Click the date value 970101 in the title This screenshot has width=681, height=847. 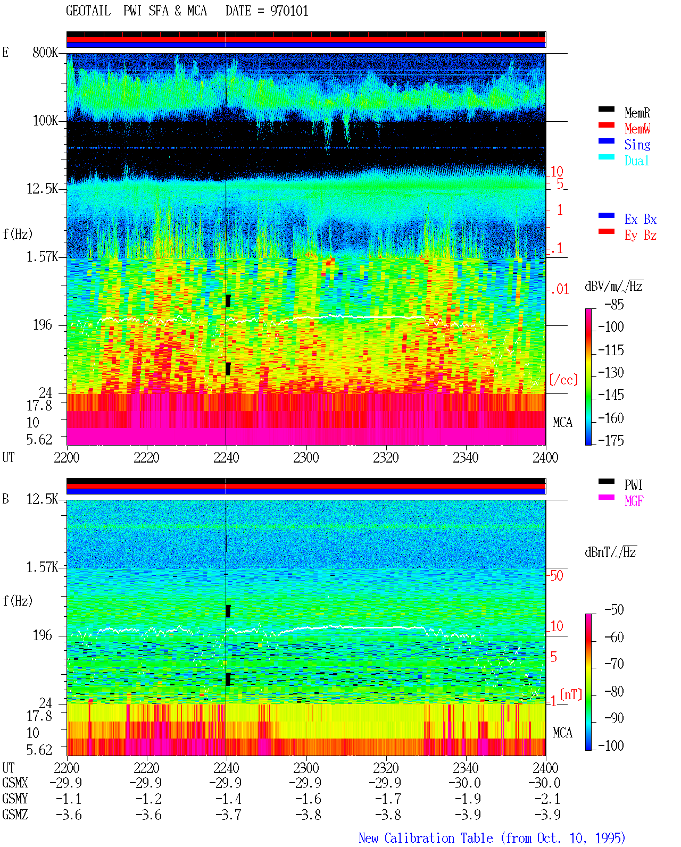pos(289,11)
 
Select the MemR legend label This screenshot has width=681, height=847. pos(637,113)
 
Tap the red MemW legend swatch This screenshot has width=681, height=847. pos(606,125)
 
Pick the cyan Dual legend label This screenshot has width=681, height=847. pos(636,161)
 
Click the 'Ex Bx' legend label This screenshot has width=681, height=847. pos(641,219)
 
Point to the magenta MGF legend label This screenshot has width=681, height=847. pos(634,501)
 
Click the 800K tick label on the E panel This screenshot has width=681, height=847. pos(45,52)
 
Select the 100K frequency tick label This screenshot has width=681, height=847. pos(45,121)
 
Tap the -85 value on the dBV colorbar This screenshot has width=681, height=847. pos(614,304)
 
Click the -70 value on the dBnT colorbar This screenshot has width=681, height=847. pos(614,664)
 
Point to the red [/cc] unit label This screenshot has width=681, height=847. pos(563,380)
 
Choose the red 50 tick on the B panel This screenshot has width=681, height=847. pos(557,575)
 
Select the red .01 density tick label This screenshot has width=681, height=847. pos(560,289)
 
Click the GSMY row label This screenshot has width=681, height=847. pos(15,799)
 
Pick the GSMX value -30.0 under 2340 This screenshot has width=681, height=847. pos(465,783)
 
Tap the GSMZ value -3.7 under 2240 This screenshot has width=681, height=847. pos(228,815)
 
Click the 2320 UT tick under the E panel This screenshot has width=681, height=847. pos(386,457)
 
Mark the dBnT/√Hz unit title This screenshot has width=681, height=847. pos(611,552)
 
